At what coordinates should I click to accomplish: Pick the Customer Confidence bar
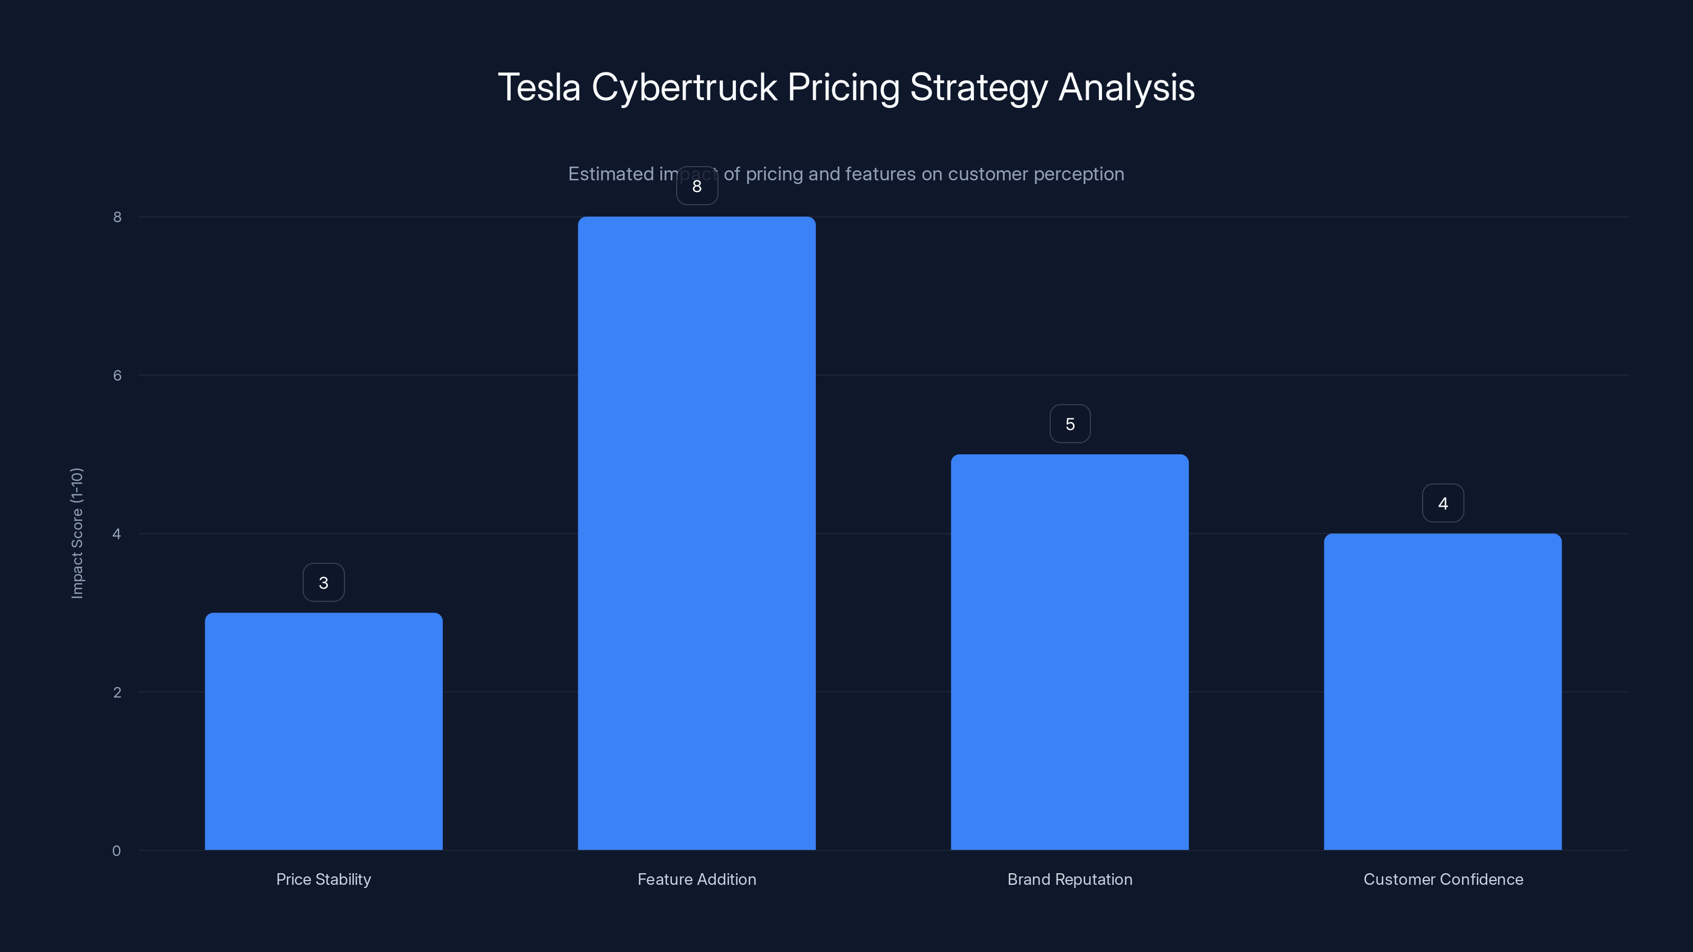[1443, 691]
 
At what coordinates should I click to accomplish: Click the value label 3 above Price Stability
[323, 582]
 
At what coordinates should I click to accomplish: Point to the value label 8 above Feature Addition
[697, 186]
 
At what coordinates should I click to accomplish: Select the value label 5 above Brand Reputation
[1070, 424]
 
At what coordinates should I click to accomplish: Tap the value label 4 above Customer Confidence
[1443, 504]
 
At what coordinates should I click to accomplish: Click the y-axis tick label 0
[116, 851]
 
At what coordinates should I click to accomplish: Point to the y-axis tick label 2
[117, 692]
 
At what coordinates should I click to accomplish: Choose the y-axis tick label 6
[117, 375]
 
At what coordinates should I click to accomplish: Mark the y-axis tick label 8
[117, 217]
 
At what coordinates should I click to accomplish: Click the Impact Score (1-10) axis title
[77, 533]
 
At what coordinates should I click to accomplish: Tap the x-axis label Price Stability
[323, 879]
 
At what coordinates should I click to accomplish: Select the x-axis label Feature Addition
[697, 879]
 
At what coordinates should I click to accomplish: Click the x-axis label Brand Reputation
[1069, 879]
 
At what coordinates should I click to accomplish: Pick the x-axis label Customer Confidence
[1443, 879]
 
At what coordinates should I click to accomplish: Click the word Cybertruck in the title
[684, 87]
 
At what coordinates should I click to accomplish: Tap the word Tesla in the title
[540, 87]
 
